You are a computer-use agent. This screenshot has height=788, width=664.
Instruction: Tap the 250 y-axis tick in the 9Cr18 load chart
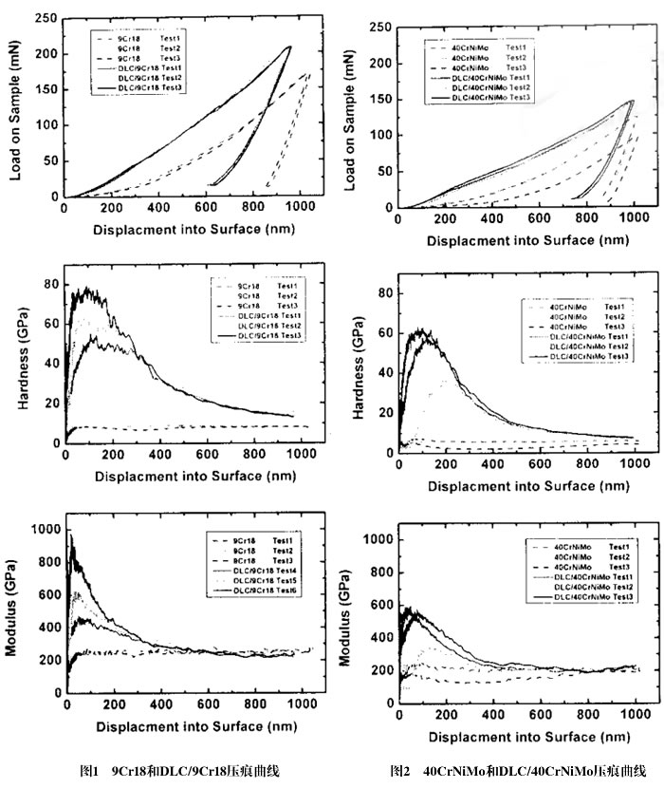46,18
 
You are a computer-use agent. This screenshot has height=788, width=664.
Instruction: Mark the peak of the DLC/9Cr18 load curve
290,46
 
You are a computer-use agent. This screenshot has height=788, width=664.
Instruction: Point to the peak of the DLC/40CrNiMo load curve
632,101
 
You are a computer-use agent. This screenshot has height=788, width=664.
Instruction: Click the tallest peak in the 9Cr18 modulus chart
70,535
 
